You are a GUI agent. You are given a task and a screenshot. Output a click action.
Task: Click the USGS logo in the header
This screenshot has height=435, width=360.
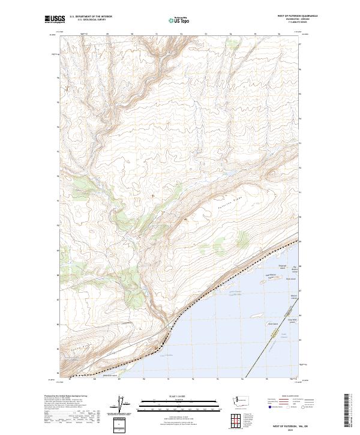(55, 20)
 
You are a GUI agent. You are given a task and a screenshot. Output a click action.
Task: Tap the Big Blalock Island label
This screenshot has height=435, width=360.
(295, 269)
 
